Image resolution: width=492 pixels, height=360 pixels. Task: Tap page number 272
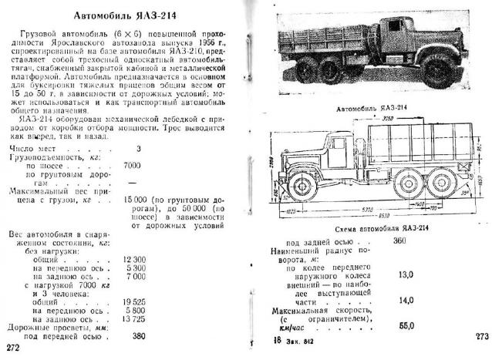[x=13, y=348]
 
